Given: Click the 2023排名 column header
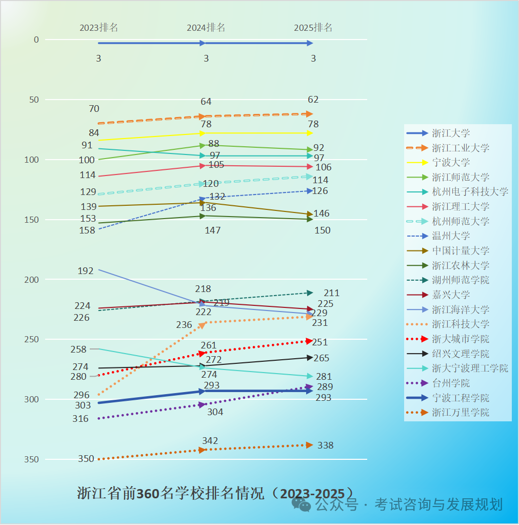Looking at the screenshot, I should tap(98, 28).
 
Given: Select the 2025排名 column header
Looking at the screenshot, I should tap(313, 28).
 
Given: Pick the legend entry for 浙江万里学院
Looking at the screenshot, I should tap(461, 413).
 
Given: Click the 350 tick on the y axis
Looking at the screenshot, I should tap(32, 459).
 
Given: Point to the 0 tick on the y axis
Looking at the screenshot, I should tap(36, 40).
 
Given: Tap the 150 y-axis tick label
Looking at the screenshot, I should tap(32, 220).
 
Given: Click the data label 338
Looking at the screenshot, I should tap(325, 445).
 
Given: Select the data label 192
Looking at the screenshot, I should tap(85, 271).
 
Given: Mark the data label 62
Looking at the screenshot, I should tap(313, 100).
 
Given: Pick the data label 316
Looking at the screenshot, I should tap(80, 419).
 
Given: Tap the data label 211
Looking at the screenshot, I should tap(331, 293).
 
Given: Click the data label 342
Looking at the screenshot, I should tap(210, 441).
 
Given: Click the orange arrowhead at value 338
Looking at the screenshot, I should tap(309, 445).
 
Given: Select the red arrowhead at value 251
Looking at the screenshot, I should tap(309, 340).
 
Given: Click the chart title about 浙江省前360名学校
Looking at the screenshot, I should tap(215, 493).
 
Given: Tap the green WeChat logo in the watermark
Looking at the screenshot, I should tap(302, 504).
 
